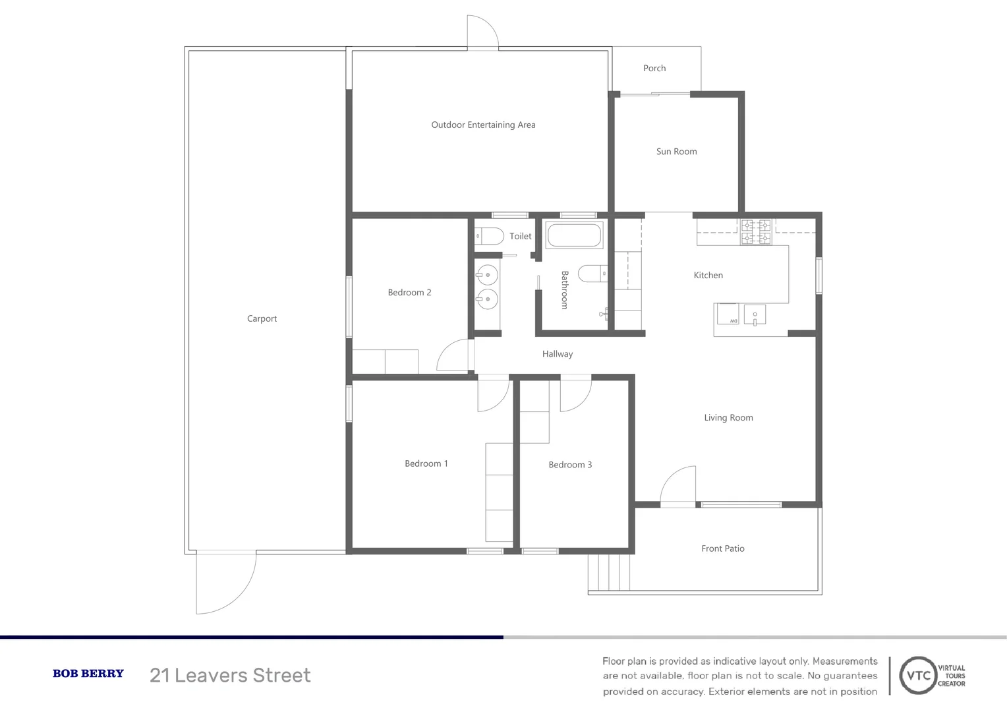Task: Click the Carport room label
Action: (262, 318)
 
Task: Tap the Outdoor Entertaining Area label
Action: (483, 125)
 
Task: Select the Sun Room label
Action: (676, 152)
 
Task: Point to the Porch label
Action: (654, 68)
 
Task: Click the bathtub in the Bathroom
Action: (574, 235)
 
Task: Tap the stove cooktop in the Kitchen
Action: (756, 232)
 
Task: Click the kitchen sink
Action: (755, 314)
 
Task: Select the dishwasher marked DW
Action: (728, 314)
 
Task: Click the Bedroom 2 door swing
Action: (455, 356)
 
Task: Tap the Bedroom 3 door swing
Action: (575, 394)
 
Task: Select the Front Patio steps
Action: (609, 572)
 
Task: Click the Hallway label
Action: (558, 354)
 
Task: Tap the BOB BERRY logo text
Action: (88, 674)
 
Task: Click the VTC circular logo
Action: (919, 675)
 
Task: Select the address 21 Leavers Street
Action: (230, 675)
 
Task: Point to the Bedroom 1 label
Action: (426, 463)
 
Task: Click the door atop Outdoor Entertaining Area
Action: (482, 33)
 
